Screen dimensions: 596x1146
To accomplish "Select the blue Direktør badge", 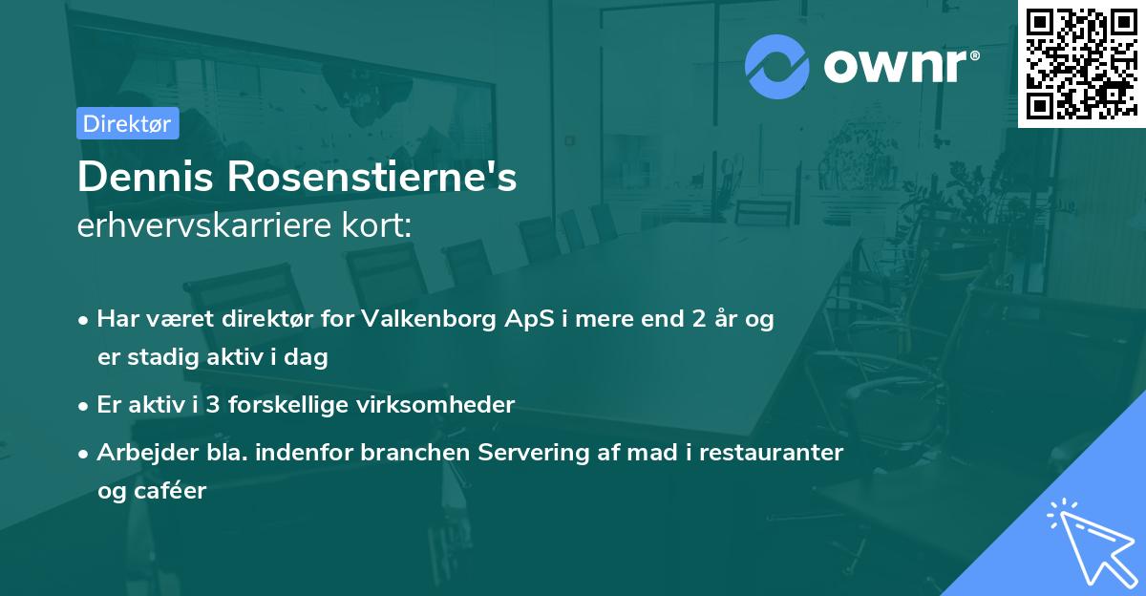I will (x=127, y=123).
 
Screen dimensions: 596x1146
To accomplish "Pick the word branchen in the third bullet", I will (x=406, y=453).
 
